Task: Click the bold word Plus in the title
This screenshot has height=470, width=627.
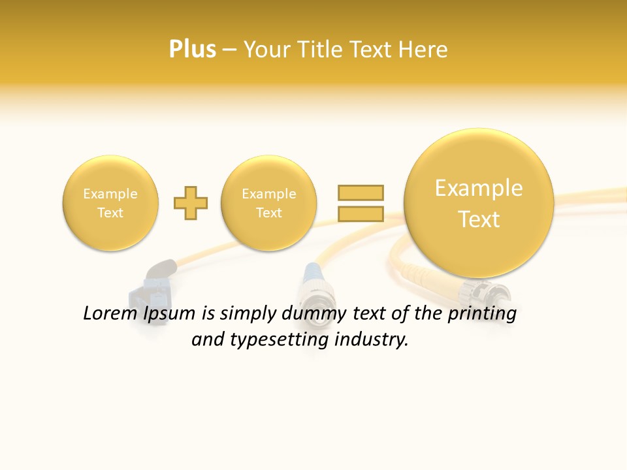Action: point(192,49)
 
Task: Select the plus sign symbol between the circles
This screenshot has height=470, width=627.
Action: point(191,203)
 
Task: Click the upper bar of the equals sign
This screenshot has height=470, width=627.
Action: point(361,193)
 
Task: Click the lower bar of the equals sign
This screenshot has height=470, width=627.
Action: point(361,213)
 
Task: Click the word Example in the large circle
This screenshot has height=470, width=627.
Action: point(479,188)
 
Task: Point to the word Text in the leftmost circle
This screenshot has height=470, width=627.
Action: point(110,213)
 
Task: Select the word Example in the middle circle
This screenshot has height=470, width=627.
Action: point(269,194)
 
